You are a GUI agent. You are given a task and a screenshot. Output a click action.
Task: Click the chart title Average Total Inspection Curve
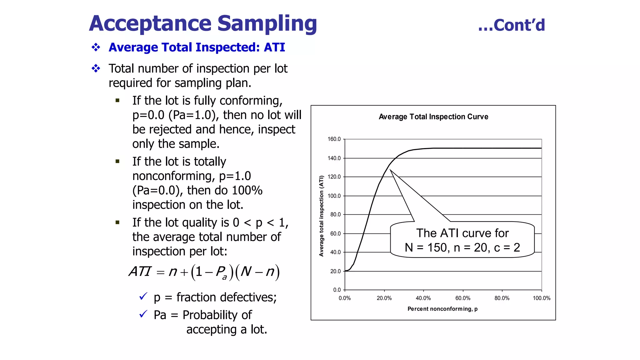pyautogui.click(x=433, y=117)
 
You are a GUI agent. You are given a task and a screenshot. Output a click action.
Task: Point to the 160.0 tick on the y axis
pyautogui.click(x=334, y=139)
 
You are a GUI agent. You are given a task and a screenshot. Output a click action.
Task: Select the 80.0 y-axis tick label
pyautogui.click(x=335, y=214)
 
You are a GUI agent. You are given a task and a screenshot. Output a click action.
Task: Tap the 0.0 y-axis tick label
pyautogui.click(x=337, y=290)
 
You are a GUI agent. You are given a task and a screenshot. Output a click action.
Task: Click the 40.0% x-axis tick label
pyautogui.click(x=423, y=298)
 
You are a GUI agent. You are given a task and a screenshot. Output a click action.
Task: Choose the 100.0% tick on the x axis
pyautogui.click(x=542, y=298)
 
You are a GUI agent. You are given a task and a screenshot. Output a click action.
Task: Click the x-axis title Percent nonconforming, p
pyautogui.click(x=442, y=309)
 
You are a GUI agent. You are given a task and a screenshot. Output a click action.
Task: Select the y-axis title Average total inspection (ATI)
pyautogui.click(x=321, y=216)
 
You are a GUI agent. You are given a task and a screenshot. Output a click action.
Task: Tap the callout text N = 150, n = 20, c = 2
pyautogui.click(x=462, y=247)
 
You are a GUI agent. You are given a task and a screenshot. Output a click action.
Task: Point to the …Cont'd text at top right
pyautogui.click(x=512, y=25)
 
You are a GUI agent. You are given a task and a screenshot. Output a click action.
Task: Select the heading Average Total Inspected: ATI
pyautogui.click(x=197, y=47)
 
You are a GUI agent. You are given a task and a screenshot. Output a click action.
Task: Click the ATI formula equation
pyautogui.click(x=204, y=272)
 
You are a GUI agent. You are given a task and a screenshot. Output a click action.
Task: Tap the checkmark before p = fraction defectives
pyautogui.click(x=143, y=296)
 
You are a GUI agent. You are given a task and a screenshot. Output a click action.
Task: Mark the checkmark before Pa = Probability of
pyautogui.click(x=143, y=314)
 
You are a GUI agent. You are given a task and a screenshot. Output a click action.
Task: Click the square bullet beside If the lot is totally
pyautogui.click(x=117, y=162)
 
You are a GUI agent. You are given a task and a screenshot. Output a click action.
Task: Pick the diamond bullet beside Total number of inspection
pyautogui.click(x=96, y=68)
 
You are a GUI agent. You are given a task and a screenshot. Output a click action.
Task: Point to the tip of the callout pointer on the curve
pyautogui.click(x=390, y=170)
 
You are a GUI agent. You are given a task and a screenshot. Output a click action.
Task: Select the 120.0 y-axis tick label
pyautogui.click(x=334, y=177)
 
